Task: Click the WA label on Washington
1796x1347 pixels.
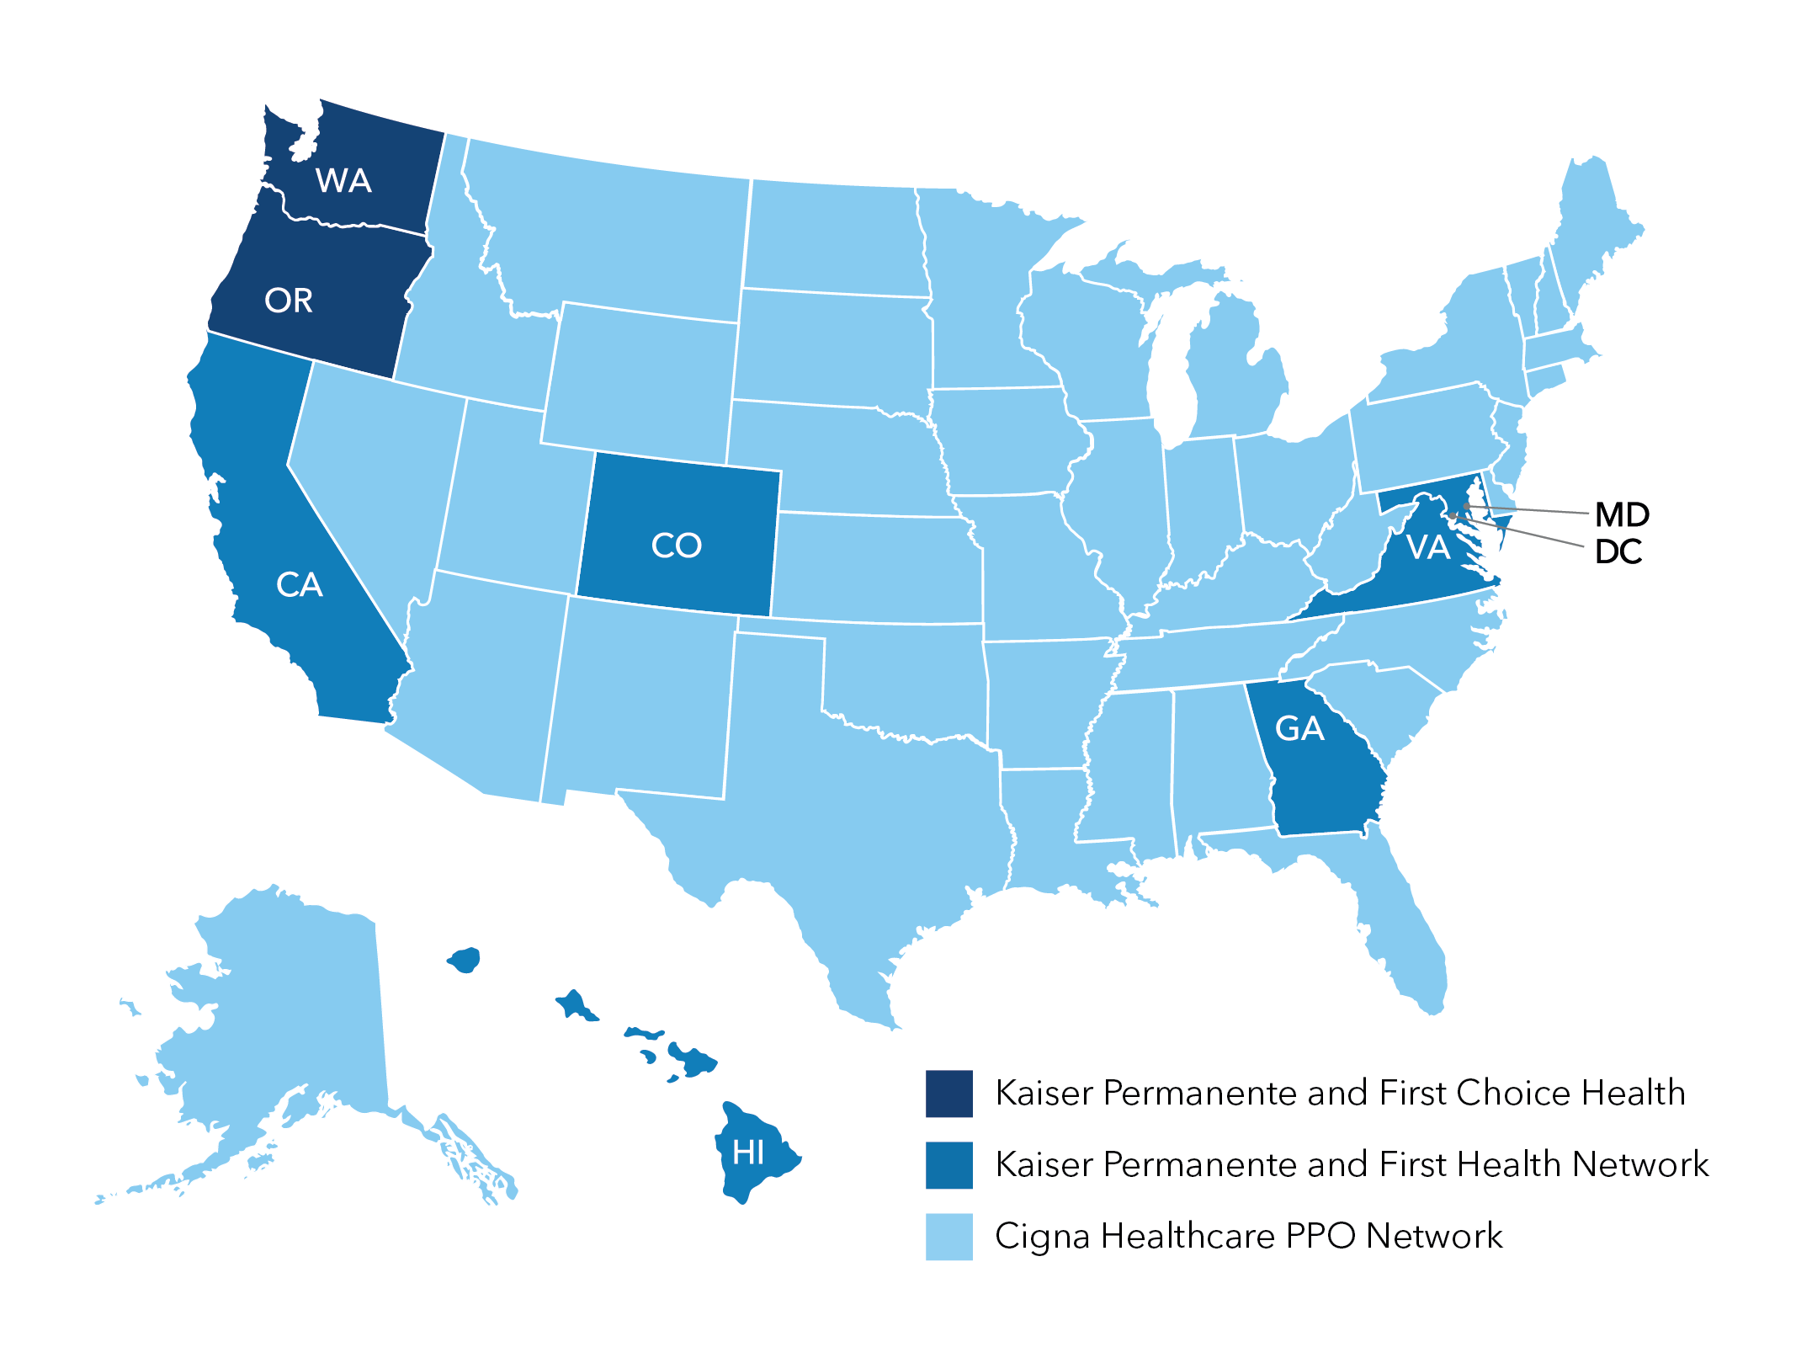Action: click(x=343, y=181)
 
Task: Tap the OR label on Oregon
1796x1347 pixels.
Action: click(x=289, y=301)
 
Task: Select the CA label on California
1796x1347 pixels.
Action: click(x=299, y=584)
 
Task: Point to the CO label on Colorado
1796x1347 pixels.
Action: click(x=676, y=546)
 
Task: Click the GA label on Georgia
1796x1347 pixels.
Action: click(x=1299, y=729)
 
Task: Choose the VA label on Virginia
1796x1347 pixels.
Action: click(x=1428, y=548)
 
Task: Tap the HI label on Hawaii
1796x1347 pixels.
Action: click(x=748, y=1153)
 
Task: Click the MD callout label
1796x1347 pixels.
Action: click(x=1622, y=514)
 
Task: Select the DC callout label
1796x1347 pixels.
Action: click(x=1618, y=552)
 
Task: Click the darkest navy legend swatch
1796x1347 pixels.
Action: click(x=948, y=1094)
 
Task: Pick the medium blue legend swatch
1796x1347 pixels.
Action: click(x=948, y=1165)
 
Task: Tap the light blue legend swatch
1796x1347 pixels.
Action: click(x=948, y=1237)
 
